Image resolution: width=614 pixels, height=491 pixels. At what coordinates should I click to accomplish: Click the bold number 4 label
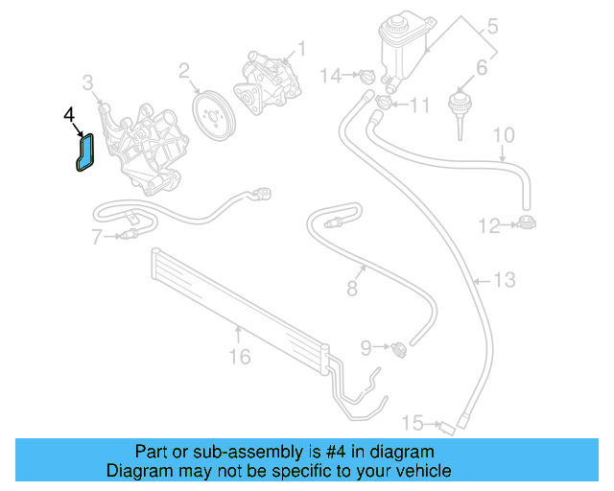(68, 114)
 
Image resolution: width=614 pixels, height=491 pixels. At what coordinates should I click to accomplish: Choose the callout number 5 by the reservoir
(492, 26)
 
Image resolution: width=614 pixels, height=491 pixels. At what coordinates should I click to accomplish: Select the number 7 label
(97, 237)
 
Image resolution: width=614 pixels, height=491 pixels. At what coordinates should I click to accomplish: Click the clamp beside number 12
(526, 226)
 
